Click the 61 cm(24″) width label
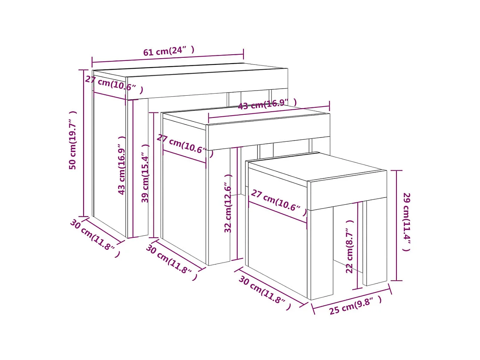tap(168, 51)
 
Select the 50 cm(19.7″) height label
tap(73, 140)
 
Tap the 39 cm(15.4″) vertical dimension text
tap(146, 173)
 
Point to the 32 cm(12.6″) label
tap(229, 203)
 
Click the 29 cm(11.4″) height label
tap(406, 221)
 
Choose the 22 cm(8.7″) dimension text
tap(350, 246)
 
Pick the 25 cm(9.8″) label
tap(355, 305)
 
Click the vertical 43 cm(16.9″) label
tap(122, 165)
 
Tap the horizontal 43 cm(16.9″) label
tap(267, 105)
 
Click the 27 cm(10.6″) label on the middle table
tap(185, 145)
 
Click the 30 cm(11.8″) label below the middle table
tap(171, 262)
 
